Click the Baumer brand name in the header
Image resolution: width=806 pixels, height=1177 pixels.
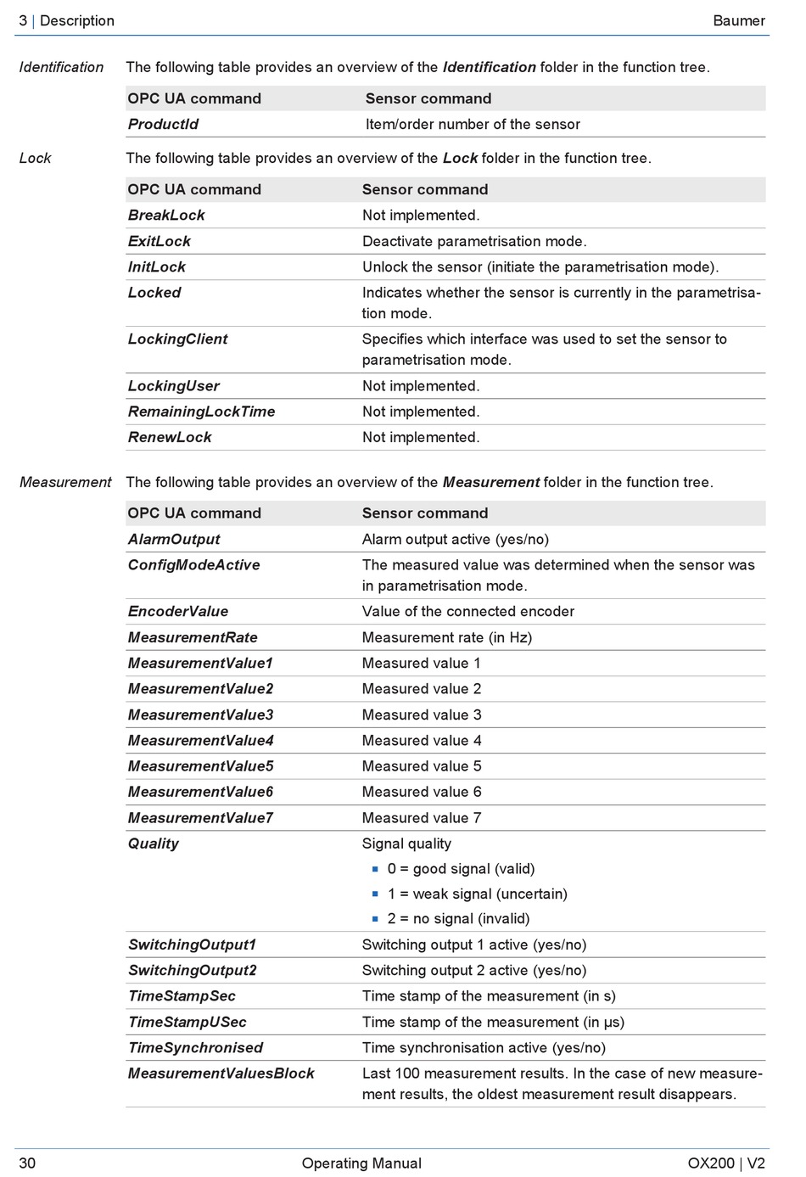point(738,20)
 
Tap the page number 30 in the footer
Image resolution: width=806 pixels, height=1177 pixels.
point(27,1163)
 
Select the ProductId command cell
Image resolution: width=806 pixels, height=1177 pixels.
point(163,124)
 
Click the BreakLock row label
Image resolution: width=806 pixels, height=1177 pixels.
point(166,216)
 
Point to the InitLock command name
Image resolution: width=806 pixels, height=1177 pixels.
point(157,267)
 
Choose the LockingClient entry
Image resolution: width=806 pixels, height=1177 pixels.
point(177,339)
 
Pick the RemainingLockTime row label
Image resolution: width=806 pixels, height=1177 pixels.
point(201,412)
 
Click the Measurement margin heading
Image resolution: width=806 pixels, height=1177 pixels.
point(65,482)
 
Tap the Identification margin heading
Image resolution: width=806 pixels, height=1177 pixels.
point(61,67)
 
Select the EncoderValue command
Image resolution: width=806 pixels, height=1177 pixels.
point(177,612)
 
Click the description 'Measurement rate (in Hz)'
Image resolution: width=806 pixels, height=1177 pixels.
point(447,637)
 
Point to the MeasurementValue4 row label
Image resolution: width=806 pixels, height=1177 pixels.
point(200,741)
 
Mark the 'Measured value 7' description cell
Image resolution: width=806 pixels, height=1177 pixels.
point(422,818)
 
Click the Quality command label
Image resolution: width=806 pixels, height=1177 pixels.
point(154,844)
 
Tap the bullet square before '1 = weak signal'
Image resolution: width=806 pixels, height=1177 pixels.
point(375,894)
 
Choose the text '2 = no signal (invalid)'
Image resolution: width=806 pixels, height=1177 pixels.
point(458,919)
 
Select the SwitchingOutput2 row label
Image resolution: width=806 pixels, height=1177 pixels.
point(192,971)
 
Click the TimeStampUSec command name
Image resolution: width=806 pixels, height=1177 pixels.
point(187,1023)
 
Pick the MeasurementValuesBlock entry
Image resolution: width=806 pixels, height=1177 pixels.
point(221,1073)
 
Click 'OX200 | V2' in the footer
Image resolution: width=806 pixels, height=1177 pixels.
point(726,1163)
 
